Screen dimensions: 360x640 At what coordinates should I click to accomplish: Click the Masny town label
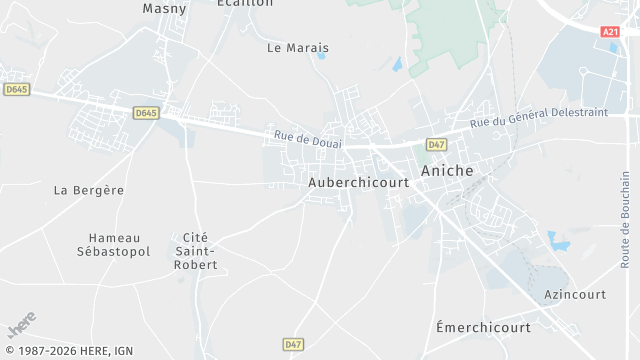(164, 8)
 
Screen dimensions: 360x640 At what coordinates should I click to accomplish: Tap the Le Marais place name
(298, 47)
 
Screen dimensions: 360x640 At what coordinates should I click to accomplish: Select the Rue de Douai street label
(308, 138)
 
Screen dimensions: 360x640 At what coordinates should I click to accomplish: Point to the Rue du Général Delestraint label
(538, 117)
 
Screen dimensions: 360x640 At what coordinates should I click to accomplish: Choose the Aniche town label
(448, 171)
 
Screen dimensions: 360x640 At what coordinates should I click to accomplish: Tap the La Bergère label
(89, 189)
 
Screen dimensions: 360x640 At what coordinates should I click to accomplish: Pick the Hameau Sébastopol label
(119, 244)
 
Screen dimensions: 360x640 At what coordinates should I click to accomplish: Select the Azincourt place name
(576, 295)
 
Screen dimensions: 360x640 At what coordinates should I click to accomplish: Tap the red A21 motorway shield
(610, 32)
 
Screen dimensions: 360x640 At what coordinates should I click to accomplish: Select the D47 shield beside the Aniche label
(436, 145)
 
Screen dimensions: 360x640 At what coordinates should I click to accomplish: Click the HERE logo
(21, 324)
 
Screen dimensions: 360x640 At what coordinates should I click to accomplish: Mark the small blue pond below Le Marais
(321, 56)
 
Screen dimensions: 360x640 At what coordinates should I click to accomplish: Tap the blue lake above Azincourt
(557, 241)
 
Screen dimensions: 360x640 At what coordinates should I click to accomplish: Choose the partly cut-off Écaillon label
(245, 3)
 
